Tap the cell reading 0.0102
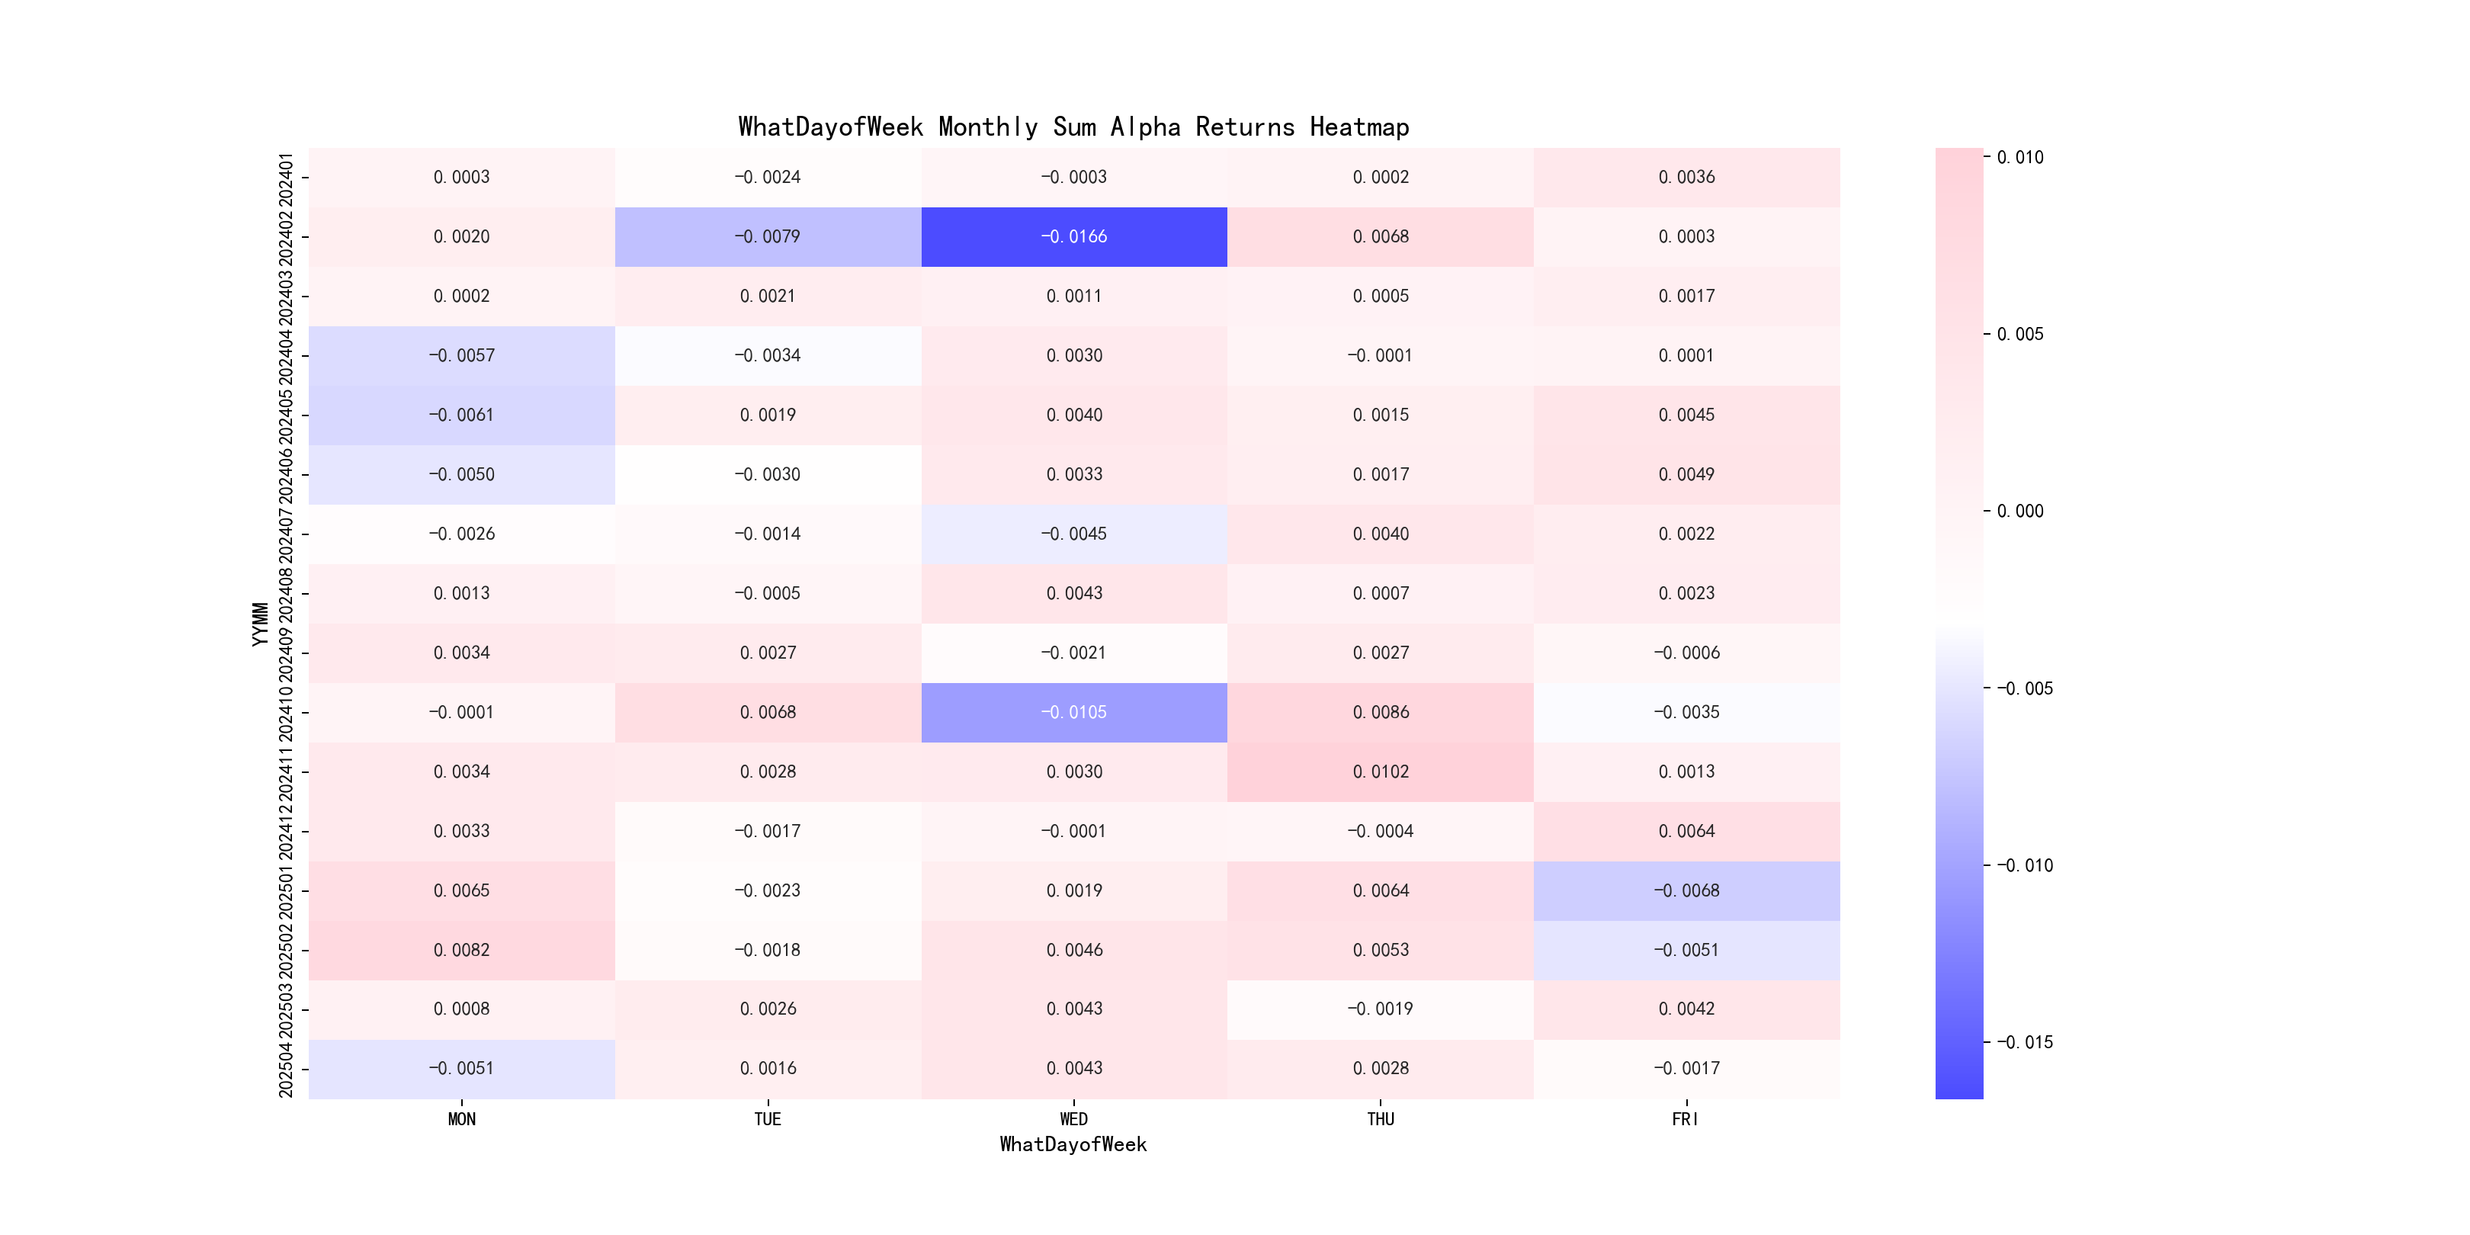coord(1380,771)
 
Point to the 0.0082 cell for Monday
coord(461,950)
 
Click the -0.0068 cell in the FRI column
coord(1686,890)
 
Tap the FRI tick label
coord(1685,1119)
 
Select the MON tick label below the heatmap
coord(461,1119)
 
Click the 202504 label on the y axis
coord(286,1068)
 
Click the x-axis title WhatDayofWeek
coord(1073,1144)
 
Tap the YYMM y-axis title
coord(260,624)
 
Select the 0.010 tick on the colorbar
coord(2019,157)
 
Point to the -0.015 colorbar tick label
coord(2024,1042)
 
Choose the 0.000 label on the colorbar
coord(2019,511)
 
